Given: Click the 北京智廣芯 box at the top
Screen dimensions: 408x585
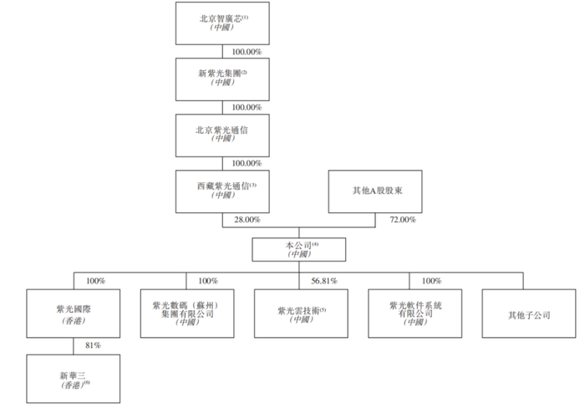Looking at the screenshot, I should (x=222, y=23).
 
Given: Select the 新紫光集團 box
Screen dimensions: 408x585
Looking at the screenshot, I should (x=222, y=79).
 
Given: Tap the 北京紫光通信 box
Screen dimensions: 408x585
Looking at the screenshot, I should (x=222, y=136).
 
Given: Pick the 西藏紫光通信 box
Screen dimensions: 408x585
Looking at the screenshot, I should (x=222, y=191).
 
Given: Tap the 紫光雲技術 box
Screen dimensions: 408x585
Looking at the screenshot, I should (x=298, y=314).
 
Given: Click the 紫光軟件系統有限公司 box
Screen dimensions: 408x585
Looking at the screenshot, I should (x=409, y=314).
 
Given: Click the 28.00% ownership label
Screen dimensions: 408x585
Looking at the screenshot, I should (x=247, y=220).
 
